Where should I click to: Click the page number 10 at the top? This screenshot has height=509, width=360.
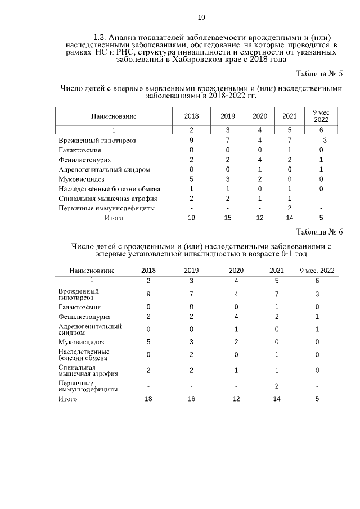pyautogui.click(x=186, y=16)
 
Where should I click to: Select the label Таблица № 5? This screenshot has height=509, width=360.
pyautogui.click(x=319, y=74)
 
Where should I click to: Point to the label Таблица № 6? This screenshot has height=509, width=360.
pyautogui.click(x=319, y=232)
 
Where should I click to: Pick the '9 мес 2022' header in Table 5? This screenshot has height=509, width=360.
pyautogui.click(x=321, y=116)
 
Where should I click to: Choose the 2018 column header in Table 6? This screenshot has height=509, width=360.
pyautogui.click(x=148, y=270)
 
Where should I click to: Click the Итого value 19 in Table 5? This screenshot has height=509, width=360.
pyautogui.click(x=191, y=218)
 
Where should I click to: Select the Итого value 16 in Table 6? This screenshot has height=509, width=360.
pyautogui.click(x=191, y=399)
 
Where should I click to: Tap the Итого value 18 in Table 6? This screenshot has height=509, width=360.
pyautogui.click(x=148, y=399)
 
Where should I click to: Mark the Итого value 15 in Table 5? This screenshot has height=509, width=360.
pyautogui.click(x=228, y=218)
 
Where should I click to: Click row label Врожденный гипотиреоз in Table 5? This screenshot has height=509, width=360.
pyautogui.click(x=97, y=140)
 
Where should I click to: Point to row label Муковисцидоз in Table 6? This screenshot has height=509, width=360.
pyautogui.click(x=81, y=341)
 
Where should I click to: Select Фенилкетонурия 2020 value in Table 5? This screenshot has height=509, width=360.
pyautogui.click(x=260, y=159)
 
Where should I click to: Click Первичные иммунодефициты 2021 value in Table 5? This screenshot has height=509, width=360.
pyautogui.click(x=289, y=208)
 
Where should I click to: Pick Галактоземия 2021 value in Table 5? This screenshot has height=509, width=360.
pyautogui.click(x=289, y=150)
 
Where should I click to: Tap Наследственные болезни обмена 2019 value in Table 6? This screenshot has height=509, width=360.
pyautogui.click(x=191, y=354)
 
